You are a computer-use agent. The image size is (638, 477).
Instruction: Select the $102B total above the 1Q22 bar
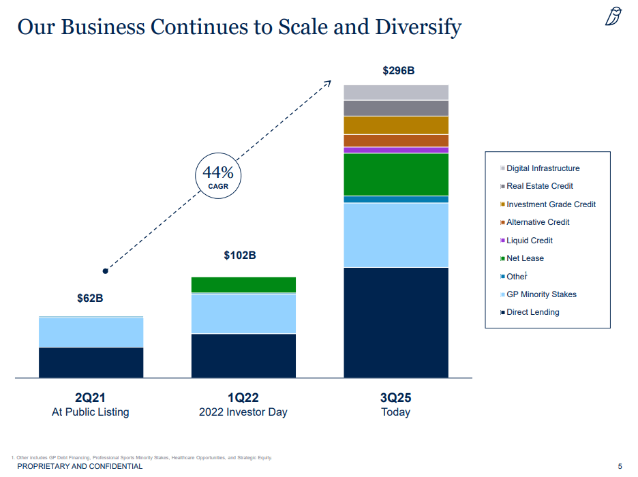240,256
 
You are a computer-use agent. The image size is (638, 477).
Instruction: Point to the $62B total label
90,298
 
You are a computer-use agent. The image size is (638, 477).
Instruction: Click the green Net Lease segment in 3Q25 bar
396,174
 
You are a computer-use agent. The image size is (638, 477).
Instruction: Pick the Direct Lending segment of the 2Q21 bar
91,362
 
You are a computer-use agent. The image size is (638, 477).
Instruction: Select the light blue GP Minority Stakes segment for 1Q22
243,313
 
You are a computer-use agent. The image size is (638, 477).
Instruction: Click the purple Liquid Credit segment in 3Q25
396,150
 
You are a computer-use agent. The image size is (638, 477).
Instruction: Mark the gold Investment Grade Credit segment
396,125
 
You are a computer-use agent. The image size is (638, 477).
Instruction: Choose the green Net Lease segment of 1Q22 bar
243,284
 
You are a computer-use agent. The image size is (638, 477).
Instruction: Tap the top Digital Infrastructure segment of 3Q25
396,93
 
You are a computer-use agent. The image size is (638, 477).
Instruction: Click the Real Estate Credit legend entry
539,186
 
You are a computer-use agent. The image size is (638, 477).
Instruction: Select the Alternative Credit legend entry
538,222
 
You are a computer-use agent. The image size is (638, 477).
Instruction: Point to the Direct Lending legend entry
532,312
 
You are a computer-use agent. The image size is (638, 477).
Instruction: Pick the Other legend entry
516,277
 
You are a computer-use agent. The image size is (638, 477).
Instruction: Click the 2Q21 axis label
91,398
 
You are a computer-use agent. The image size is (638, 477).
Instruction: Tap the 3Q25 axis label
396,398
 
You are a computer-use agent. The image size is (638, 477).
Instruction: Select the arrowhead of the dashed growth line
328,83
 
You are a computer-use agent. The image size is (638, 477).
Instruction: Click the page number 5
620,466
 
